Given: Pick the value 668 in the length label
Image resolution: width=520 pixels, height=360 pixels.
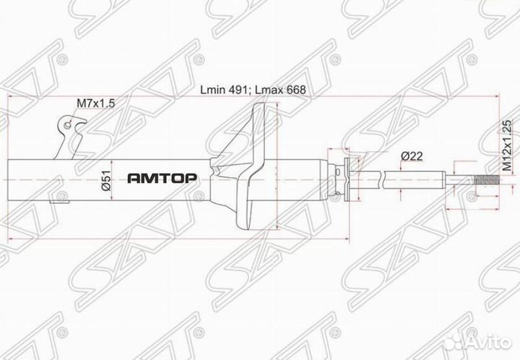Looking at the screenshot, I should pyautogui.click(x=295, y=90).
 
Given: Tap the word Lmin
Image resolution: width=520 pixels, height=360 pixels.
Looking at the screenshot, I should pyautogui.click(x=215, y=90).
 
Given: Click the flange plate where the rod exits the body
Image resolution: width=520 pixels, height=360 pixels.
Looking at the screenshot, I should pyautogui.click(x=346, y=179).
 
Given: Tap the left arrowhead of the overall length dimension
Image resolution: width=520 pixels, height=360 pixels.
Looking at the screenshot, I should pyautogui.click(x=10, y=97).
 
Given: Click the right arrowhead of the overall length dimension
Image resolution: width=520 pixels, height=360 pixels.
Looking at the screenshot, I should pyautogui.click(x=451, y=97).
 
